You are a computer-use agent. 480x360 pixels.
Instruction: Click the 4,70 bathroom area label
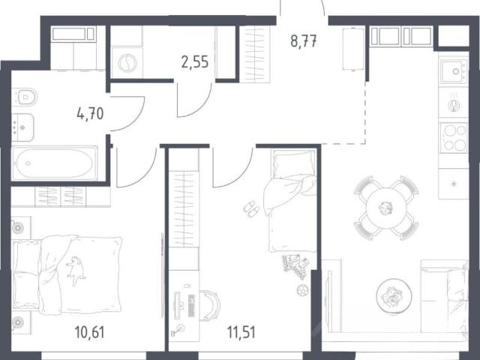[90, 114]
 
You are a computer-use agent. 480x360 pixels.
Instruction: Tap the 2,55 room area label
[195, 61]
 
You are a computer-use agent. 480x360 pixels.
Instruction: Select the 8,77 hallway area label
[304, 41]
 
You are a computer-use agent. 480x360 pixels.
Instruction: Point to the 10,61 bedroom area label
[90, 332]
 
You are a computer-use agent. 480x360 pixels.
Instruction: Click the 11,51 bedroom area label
[241, 332]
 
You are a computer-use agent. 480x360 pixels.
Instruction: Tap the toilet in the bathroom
[25, 97]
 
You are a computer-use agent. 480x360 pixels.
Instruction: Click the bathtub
[55, 163]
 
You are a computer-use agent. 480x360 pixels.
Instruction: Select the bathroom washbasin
[22, 127]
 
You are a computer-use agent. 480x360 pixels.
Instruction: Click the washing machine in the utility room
[127, 63]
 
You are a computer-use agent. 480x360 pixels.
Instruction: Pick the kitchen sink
[453, 72]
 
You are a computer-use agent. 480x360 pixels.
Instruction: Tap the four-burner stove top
[454, 137]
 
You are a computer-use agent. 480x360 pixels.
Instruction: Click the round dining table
[386, 208]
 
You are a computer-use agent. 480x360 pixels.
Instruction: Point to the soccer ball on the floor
[302, 290]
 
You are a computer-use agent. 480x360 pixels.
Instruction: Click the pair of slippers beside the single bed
[251, 208]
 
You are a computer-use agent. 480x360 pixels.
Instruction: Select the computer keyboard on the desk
[191, 306]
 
